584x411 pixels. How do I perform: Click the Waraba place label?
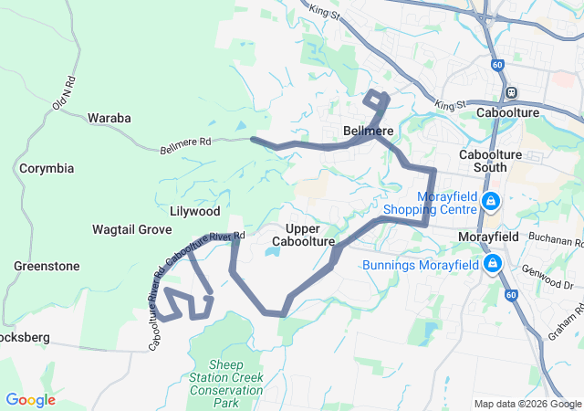109,118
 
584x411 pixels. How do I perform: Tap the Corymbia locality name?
47,169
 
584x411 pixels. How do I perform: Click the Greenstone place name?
47,266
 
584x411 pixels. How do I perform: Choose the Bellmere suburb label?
368,131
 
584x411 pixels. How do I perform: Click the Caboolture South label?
490,161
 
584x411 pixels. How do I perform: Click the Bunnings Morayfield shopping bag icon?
494,265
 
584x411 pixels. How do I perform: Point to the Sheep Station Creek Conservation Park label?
225,384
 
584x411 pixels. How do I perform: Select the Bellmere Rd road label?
185,145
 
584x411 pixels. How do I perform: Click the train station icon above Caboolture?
512,92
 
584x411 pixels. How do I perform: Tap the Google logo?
30,400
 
